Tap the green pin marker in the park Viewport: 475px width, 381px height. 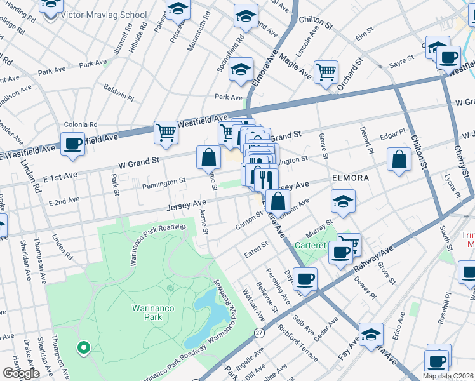click(x=83, y=347)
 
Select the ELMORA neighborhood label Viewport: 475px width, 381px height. click(x=350, y=178)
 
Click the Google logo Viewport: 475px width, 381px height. click(x=21, y=373)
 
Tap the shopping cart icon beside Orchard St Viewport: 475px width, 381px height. click(x=326, y=72)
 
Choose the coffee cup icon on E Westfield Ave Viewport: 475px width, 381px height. click(x=72, y=143)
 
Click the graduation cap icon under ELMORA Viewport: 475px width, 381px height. click(x=343, y=202)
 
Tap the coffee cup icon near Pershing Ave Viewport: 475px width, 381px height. click(x=305, y=278)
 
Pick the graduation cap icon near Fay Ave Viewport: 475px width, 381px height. click(x=371, y=334)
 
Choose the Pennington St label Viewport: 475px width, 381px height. click(x=164, y=182)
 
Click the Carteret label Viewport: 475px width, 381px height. click(x=312, y=244)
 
